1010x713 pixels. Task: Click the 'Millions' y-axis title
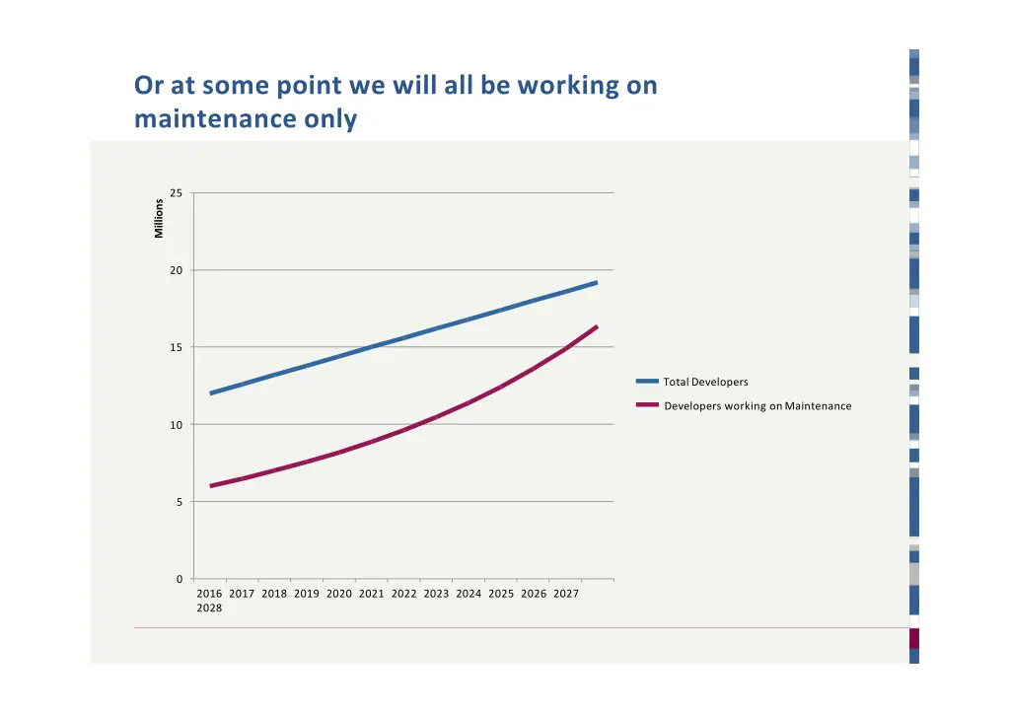159,218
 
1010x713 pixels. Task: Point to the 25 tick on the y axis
176,193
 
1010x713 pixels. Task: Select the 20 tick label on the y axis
176,270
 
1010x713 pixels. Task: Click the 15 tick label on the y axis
176,347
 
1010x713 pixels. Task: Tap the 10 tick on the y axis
176,425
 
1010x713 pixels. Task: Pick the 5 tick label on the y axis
179,502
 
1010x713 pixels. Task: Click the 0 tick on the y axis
179,579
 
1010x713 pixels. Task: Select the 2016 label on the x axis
209,594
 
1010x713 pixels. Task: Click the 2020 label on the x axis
338,594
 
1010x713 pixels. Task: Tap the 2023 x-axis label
436,594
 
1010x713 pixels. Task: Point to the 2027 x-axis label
565,594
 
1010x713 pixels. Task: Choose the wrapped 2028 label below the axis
209,608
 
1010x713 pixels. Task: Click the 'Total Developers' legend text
705,383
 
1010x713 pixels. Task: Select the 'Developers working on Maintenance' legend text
757,406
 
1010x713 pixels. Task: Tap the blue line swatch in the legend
647,382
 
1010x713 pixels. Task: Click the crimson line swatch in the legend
647,405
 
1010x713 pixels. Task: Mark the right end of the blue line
597,283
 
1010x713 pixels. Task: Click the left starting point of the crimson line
211,486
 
